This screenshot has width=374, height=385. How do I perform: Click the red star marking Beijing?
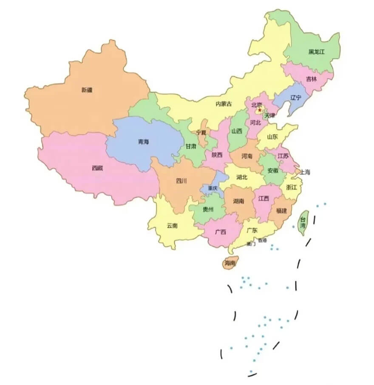[x=259, y=110]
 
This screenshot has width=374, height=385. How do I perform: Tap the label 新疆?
[x=87, y=90]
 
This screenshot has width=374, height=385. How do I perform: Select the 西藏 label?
[x=97, y=168]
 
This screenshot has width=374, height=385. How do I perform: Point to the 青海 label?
[x=143, y=142]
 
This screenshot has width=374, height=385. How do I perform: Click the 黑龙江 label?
[x=317, y=52]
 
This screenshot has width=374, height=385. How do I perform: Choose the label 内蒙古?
[x=224, y=104]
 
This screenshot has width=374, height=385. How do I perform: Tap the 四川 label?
[x=181, y=181]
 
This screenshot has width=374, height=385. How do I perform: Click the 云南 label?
[x=172, y=226]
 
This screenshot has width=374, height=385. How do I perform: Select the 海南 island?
[x=230, y=263]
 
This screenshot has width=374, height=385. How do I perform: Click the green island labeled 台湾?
[x=303, y=223]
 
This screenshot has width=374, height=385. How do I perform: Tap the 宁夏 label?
[x=201, y=132]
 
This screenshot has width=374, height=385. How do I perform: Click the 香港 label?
[x=262, y=240]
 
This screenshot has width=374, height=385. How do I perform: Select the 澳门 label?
[x=251, y=244]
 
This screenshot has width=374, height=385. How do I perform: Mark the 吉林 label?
[x=311, y=79]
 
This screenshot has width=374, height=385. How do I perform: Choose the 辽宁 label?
[x=295, y=98]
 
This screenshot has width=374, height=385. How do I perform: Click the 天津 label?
[x=269, y=115]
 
